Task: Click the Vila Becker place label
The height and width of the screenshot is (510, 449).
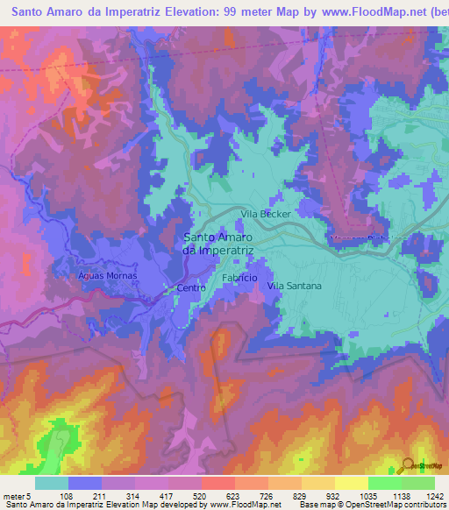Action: pos(266,213)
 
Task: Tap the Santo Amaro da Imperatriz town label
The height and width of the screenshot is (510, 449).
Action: pos(218,243)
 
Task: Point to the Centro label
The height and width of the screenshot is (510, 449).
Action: pos(190,287)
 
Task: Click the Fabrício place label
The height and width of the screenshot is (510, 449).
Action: pos(239,277)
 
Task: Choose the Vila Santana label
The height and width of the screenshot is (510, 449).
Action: pos(294,286)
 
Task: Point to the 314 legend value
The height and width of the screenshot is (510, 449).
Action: pos(135,496)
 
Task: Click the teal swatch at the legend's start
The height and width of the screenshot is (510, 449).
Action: pos(52,483)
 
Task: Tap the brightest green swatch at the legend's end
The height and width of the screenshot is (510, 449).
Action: pos(418,483)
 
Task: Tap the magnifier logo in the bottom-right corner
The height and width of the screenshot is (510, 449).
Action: pos(407,464)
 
